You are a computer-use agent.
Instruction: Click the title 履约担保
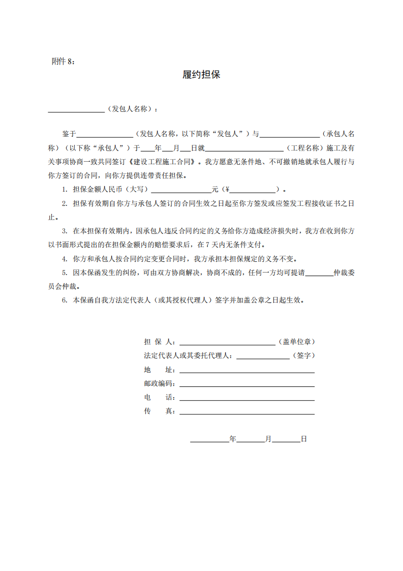[x=201, y=75]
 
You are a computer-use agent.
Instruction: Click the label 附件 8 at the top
[x=64, y=61]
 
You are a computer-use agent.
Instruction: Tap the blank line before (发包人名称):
[x=76, y=109]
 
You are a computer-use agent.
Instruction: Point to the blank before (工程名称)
[x=244, y=148]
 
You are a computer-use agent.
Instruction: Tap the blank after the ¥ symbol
[x=253, y=190]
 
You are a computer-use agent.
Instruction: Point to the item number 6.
[x=65, y=300]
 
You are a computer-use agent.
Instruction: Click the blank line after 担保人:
[x=227, y=342]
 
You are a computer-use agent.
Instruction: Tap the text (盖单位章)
[x=300, y=342]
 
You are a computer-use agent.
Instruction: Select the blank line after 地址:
[x=246, y=370]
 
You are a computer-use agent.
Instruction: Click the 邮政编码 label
[x=159, y=383]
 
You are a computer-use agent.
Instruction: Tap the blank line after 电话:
[x=246, y=397]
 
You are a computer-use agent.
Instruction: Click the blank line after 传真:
[x=246, y=411]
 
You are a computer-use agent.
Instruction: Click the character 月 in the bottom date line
[x=268, y=438]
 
